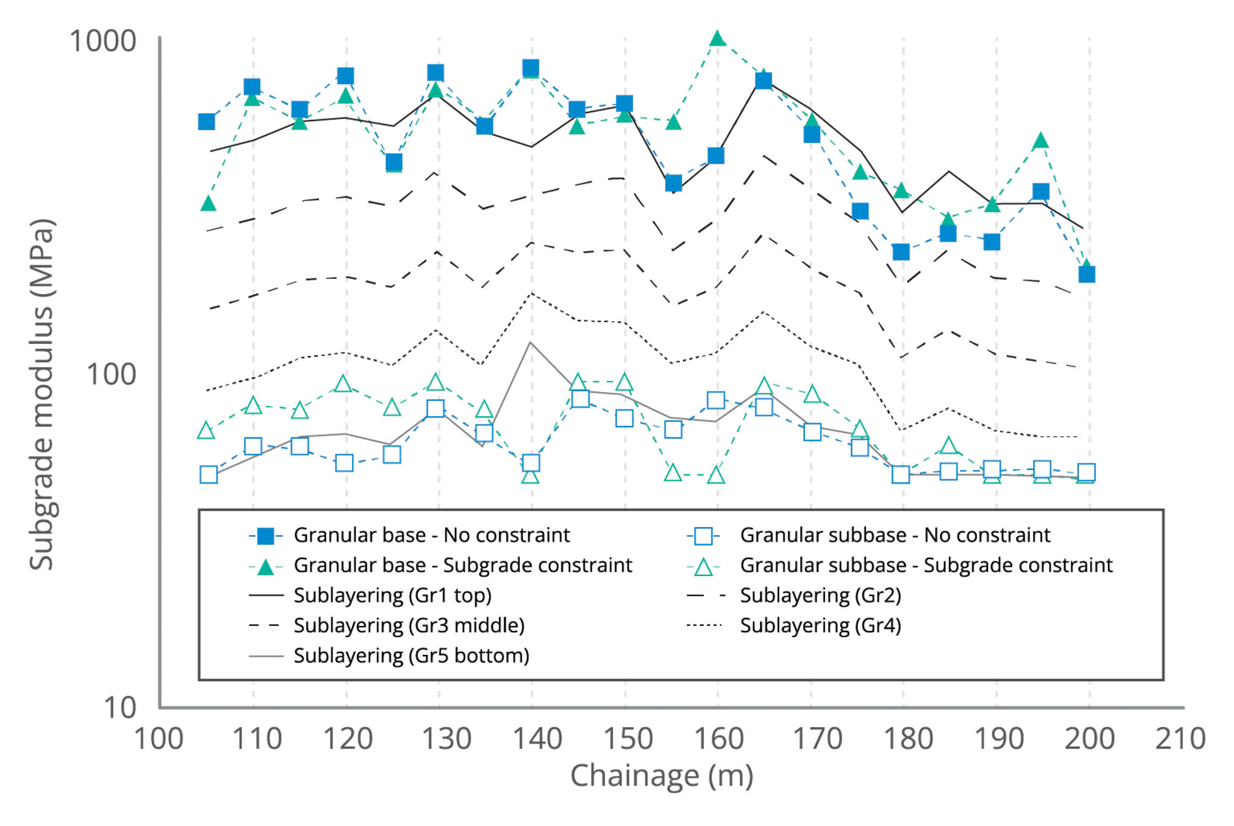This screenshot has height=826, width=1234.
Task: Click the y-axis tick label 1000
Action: click(102, 42)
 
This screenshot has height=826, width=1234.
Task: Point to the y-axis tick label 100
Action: click(111, 374)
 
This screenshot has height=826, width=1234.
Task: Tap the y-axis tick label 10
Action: click(120, 707)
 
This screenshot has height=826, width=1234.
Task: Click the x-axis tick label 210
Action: click(1180, 739)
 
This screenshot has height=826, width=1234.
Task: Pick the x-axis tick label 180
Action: click(907, 739)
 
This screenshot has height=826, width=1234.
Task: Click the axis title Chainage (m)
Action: click(662, 775)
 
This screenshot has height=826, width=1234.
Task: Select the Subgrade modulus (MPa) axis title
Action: click(42, 394)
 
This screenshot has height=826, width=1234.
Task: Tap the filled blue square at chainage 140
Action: click(531, 68)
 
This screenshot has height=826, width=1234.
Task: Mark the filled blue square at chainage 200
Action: click(1086, 274)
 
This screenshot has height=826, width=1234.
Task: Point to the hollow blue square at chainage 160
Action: click(716, 400)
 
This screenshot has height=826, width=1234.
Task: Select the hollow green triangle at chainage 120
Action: click(343, 384)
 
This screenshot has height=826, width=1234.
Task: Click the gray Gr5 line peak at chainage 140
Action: click(530, 342)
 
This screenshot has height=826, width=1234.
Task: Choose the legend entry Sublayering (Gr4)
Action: click(820, 625)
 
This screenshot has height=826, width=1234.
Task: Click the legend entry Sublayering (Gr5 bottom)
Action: click(411, 655)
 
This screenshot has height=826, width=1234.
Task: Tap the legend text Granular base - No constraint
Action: click(431, 535)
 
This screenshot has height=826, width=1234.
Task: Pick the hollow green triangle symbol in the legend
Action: click(703, 566)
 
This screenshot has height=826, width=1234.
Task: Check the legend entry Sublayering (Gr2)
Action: click(820, 595)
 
